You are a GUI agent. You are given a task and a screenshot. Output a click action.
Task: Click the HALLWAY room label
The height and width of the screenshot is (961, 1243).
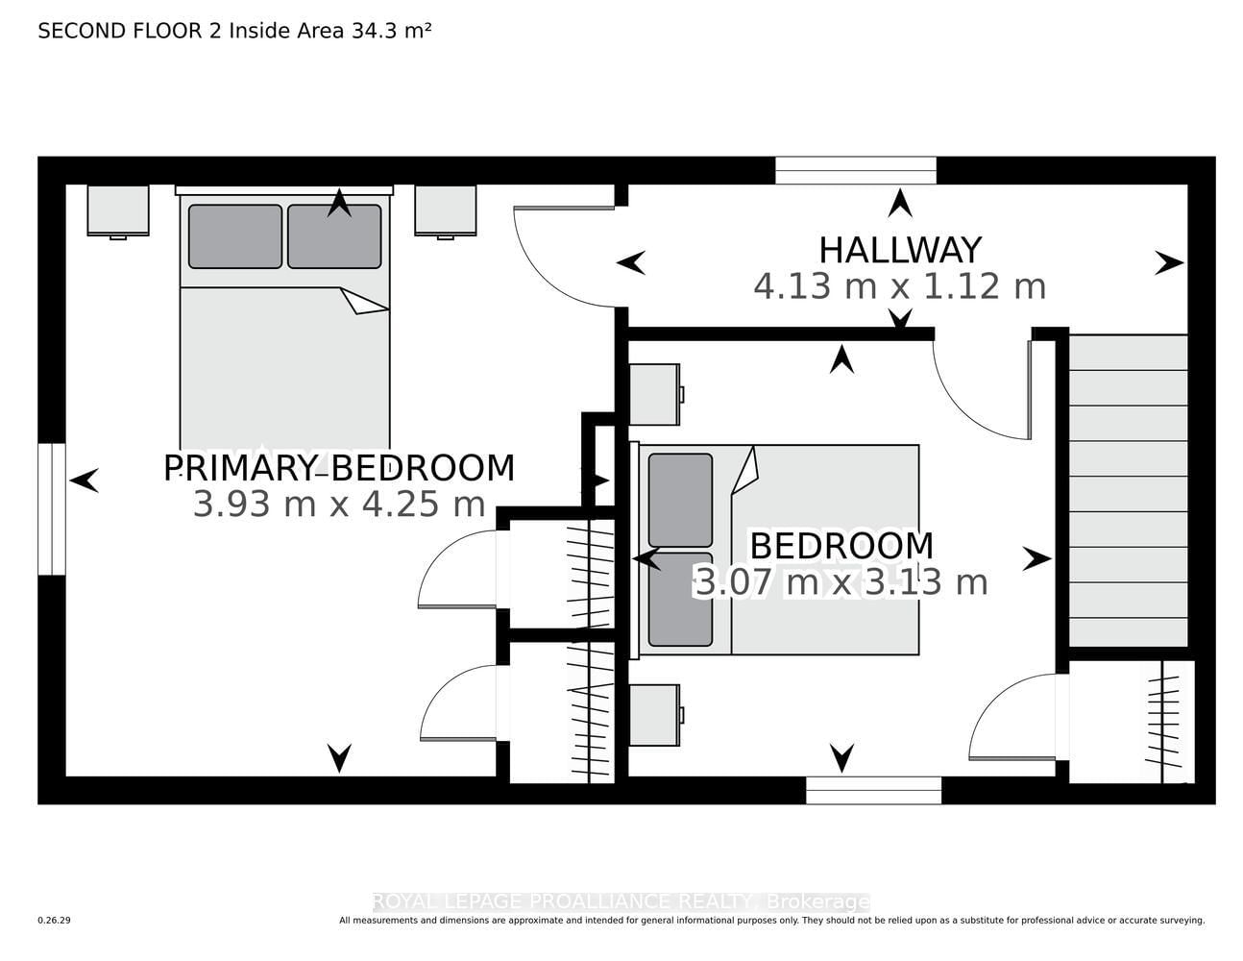click(x=900, y=250)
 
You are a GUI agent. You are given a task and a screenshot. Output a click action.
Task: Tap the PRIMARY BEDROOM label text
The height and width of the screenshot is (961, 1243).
click(x=339, y=468)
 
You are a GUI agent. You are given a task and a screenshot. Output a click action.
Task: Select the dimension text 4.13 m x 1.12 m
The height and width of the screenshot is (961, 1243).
click(x=900, y=286)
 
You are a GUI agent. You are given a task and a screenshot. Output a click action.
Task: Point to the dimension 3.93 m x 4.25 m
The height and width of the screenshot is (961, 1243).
click(x=339, y=505)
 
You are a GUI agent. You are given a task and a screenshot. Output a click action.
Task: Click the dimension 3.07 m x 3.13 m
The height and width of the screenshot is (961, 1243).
click(x=841, y=582)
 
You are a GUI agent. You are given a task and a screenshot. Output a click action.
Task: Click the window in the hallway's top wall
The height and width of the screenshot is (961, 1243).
click(x=856, y=170)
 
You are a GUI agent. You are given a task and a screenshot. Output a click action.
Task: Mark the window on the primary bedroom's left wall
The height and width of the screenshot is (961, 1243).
click(x=52, y=508)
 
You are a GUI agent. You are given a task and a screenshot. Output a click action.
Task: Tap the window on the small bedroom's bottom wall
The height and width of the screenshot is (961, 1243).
click(x=873, y=790)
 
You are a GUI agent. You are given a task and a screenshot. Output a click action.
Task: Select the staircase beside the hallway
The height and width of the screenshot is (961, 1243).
click(x=1128, y=491)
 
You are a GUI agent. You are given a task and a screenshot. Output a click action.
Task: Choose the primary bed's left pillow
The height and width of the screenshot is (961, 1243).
click(x=235, y=236)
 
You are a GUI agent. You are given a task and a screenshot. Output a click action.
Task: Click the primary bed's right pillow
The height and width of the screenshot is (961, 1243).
click(x=334, y=236)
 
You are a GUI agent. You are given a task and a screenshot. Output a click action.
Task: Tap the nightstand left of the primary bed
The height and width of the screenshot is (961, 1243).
click(x=118, y=210)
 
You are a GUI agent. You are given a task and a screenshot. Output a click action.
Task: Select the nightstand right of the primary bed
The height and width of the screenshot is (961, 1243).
click(x=446, y=210)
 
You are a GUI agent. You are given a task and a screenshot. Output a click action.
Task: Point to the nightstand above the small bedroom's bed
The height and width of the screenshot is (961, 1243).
click(x=655, y=395)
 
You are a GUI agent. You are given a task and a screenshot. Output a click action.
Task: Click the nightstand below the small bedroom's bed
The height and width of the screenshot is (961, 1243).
click(x=655, y=715)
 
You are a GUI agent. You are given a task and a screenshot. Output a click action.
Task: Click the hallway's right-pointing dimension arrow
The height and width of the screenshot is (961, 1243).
click(x=1169, y=263)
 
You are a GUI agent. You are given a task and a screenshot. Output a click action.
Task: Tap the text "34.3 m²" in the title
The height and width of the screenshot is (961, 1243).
click(x=391, y=31)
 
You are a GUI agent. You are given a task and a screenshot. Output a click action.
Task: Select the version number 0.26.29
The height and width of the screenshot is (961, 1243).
click(x=55, y=921)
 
